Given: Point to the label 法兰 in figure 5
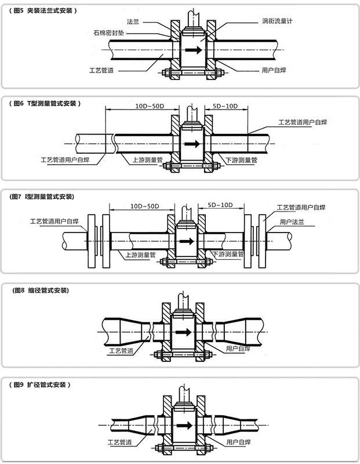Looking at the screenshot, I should click(132, 21).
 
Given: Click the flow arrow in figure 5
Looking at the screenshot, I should click(194, 50).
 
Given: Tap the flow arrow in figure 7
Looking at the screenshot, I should click(186, 240).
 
